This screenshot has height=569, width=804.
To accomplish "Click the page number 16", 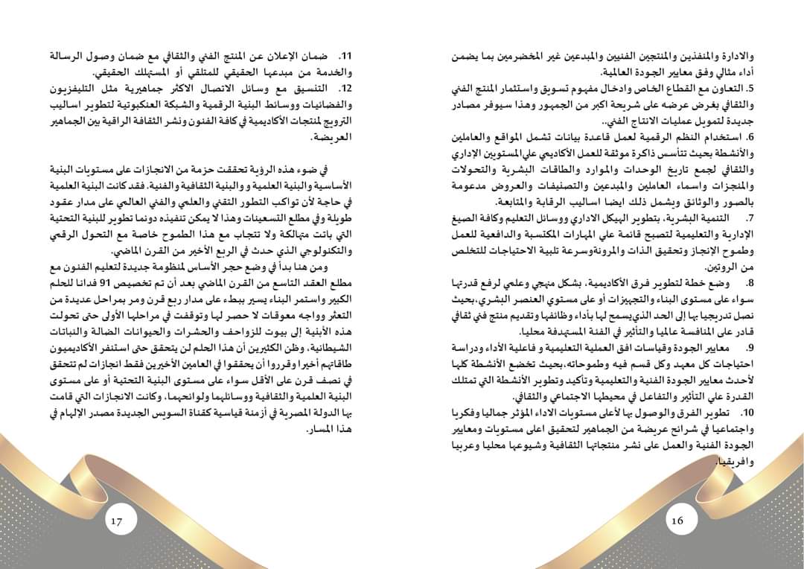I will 677,521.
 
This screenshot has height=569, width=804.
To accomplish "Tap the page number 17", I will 117,521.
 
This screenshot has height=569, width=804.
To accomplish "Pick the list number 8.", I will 750,283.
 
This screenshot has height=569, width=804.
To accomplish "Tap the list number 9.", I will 750,349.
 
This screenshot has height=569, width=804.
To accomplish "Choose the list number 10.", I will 747,413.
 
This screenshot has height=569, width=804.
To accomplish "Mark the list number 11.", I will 343,57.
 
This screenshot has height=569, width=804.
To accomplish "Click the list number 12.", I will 343,89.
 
